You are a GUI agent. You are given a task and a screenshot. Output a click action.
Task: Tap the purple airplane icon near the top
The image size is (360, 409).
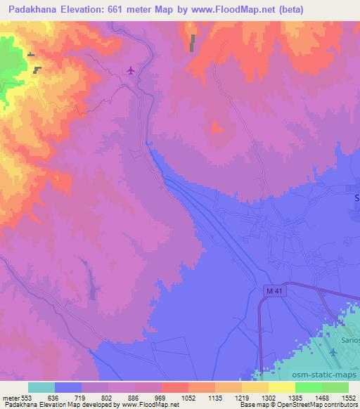click(131, 70)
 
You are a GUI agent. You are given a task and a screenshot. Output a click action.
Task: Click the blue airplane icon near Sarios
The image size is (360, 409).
click(334, 351)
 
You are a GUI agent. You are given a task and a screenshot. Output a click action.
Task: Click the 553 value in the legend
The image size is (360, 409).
click(26, 397)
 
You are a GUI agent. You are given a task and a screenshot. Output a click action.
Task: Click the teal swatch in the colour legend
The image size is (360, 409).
click(41, 387)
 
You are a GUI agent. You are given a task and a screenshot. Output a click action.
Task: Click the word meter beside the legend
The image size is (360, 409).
click(9, 397)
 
